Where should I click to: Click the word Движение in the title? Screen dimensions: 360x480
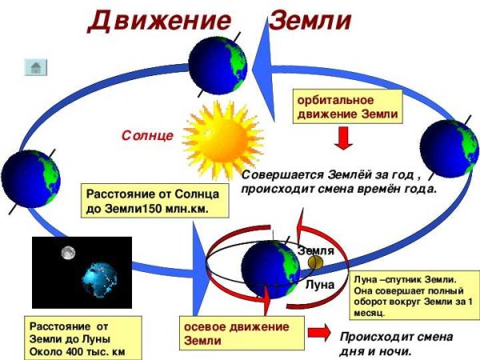click(151, 20)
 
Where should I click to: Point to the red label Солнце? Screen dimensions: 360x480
click(147, 136)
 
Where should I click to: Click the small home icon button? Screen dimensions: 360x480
click(37, 67)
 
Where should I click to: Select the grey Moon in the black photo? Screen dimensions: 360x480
click(69, 253)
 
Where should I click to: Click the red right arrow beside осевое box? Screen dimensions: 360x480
click(319, 332)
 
